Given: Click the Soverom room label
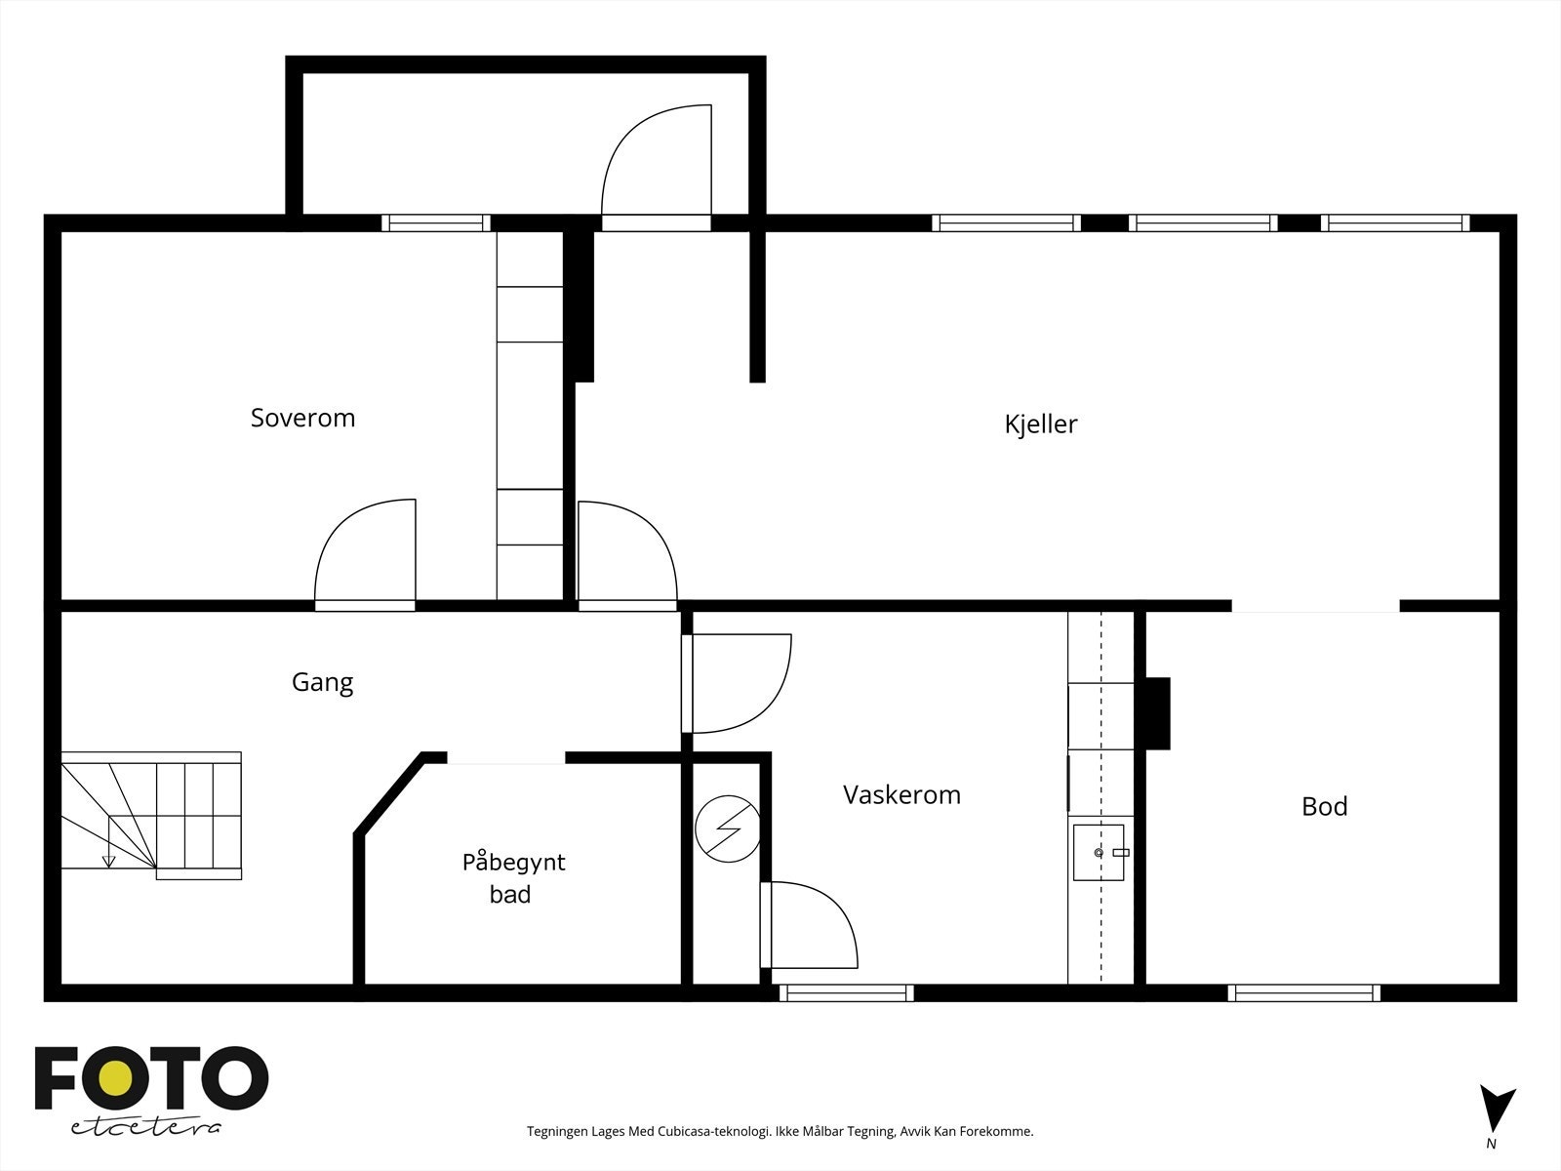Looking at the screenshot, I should [302, 418].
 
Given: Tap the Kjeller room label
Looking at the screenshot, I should [1040, 424].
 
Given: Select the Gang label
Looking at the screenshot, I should [322, 682].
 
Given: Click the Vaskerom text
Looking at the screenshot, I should [901, 794].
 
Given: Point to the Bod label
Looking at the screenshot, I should [1324, 806].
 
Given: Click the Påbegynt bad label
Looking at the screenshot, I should [513, 877].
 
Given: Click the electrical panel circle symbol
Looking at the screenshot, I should [727, 829].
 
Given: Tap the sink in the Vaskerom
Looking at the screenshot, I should [1100, 852].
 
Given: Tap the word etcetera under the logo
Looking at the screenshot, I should [146, 1127].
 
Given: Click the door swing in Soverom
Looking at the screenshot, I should [366, 551].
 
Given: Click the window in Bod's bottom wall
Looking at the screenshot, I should [1304, 993].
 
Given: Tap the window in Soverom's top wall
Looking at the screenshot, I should [435, 223].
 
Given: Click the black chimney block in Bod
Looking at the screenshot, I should [1157, 712].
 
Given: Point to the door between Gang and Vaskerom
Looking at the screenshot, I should [737, 683].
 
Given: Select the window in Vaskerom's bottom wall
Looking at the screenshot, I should [846, 993].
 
